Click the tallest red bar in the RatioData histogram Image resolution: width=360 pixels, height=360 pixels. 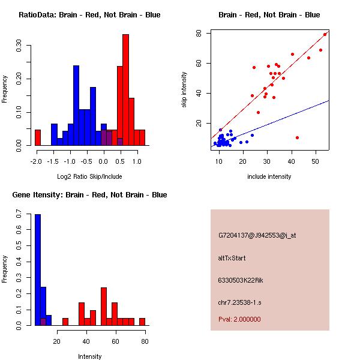[x=126, y=90]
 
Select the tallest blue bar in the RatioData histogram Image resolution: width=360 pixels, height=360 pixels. [x=76, y=105]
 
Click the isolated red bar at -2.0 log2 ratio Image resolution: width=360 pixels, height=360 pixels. [x=38, y=137]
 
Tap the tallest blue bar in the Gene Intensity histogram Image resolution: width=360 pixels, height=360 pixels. [x=38, y=270]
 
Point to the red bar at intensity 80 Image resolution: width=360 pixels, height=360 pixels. [x=142, y=322]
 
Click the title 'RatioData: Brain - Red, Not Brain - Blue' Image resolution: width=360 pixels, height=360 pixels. [x=89, y=15]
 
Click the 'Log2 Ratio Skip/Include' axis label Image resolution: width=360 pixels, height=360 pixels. [x=89, y=176]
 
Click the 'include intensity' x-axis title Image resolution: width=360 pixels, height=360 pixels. [x=270, y=176]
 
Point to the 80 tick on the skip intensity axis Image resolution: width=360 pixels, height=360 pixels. [x=198, y=33]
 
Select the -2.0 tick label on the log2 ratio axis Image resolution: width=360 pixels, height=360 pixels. [x=37, y=161]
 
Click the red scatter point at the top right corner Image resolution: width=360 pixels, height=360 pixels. [x=325, y=34]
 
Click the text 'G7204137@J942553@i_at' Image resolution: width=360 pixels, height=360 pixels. [x=257, y=235]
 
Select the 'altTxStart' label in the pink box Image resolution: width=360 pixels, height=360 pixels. [x=232, y=258]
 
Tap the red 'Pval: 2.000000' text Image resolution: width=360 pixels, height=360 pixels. [x=239, y=319]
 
